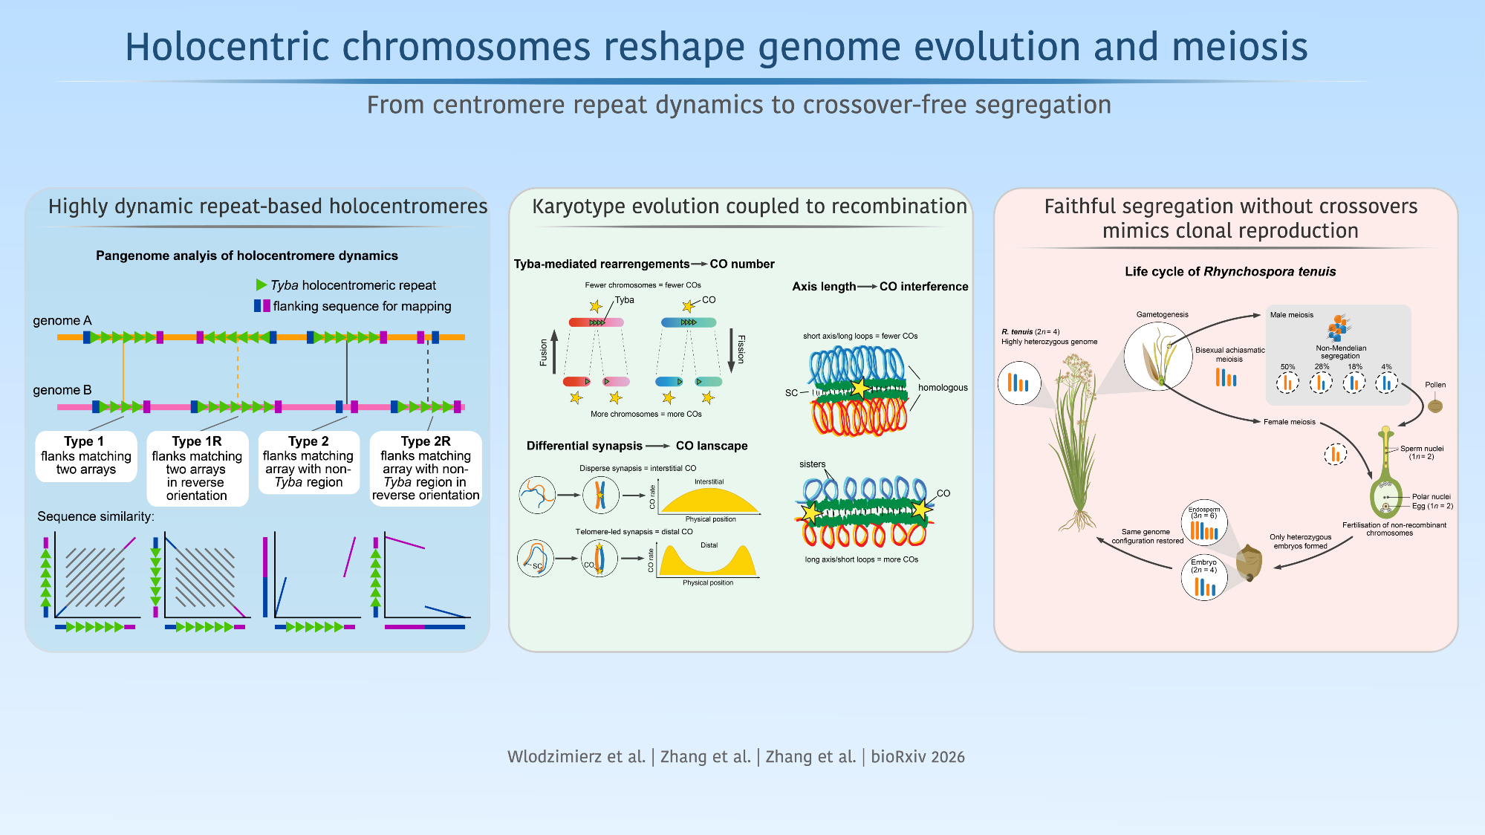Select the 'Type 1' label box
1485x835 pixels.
point(86,456)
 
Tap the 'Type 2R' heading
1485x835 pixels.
point(426,441)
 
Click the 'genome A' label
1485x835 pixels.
point(62,321)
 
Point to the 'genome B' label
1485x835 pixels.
point(62,390)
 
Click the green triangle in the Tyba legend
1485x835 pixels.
point(261,285)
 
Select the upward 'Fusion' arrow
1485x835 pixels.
point(554,351)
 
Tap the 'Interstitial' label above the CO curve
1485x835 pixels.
point(709,481)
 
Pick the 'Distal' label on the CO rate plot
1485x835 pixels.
point(709,545)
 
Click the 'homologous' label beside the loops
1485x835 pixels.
point(943,388)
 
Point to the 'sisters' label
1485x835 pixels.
point(813,464)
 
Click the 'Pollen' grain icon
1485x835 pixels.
point(1435,406)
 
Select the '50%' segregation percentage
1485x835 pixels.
point(1287,367)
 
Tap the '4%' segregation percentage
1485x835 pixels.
point(1386,367)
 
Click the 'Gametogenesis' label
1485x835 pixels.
point(1163,314)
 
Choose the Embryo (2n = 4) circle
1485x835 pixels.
point(1204,577)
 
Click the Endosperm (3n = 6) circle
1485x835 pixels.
point(1204,522)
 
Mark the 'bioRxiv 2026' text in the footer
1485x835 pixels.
point(918,757)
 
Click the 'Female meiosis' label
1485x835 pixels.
point(1290,422)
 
